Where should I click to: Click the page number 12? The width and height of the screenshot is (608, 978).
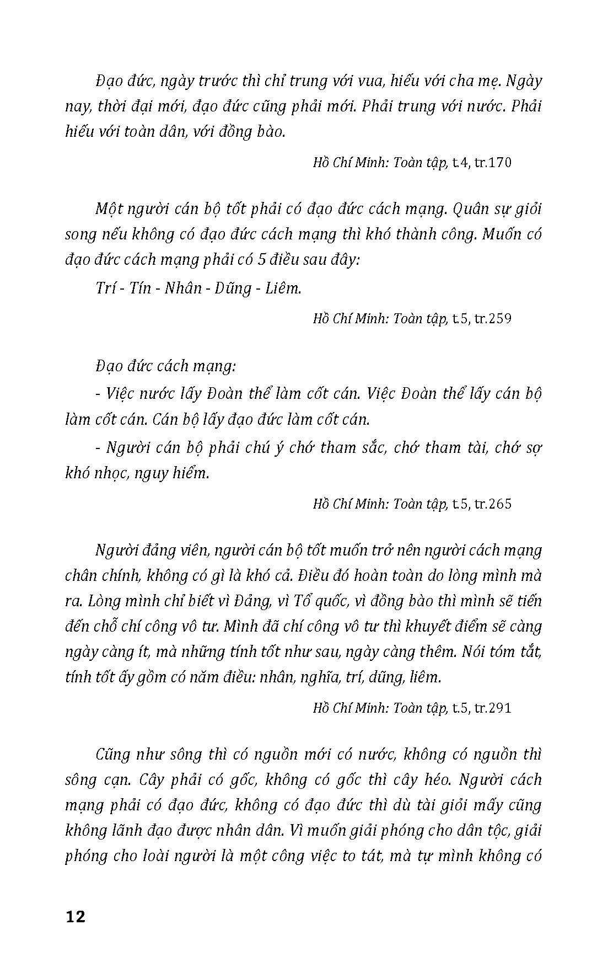[76, 917]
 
